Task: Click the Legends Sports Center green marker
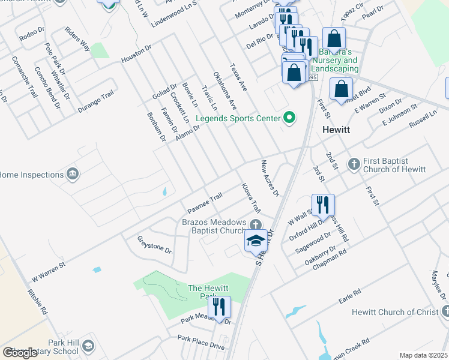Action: (289, 118)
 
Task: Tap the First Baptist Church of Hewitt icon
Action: (354, 163)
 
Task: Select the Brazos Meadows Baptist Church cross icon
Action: (256, 225)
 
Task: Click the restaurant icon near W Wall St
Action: (323, 205)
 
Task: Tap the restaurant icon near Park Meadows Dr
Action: (220, 307)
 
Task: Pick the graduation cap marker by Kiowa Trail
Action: (256, 241)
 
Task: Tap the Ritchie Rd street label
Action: (37, 302)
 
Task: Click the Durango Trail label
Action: (95, 102)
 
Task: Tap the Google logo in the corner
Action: (20, 353)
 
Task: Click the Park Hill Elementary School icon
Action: (88, 346)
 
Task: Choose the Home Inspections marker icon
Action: (73, 175)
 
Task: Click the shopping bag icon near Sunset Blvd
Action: (341, 89)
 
